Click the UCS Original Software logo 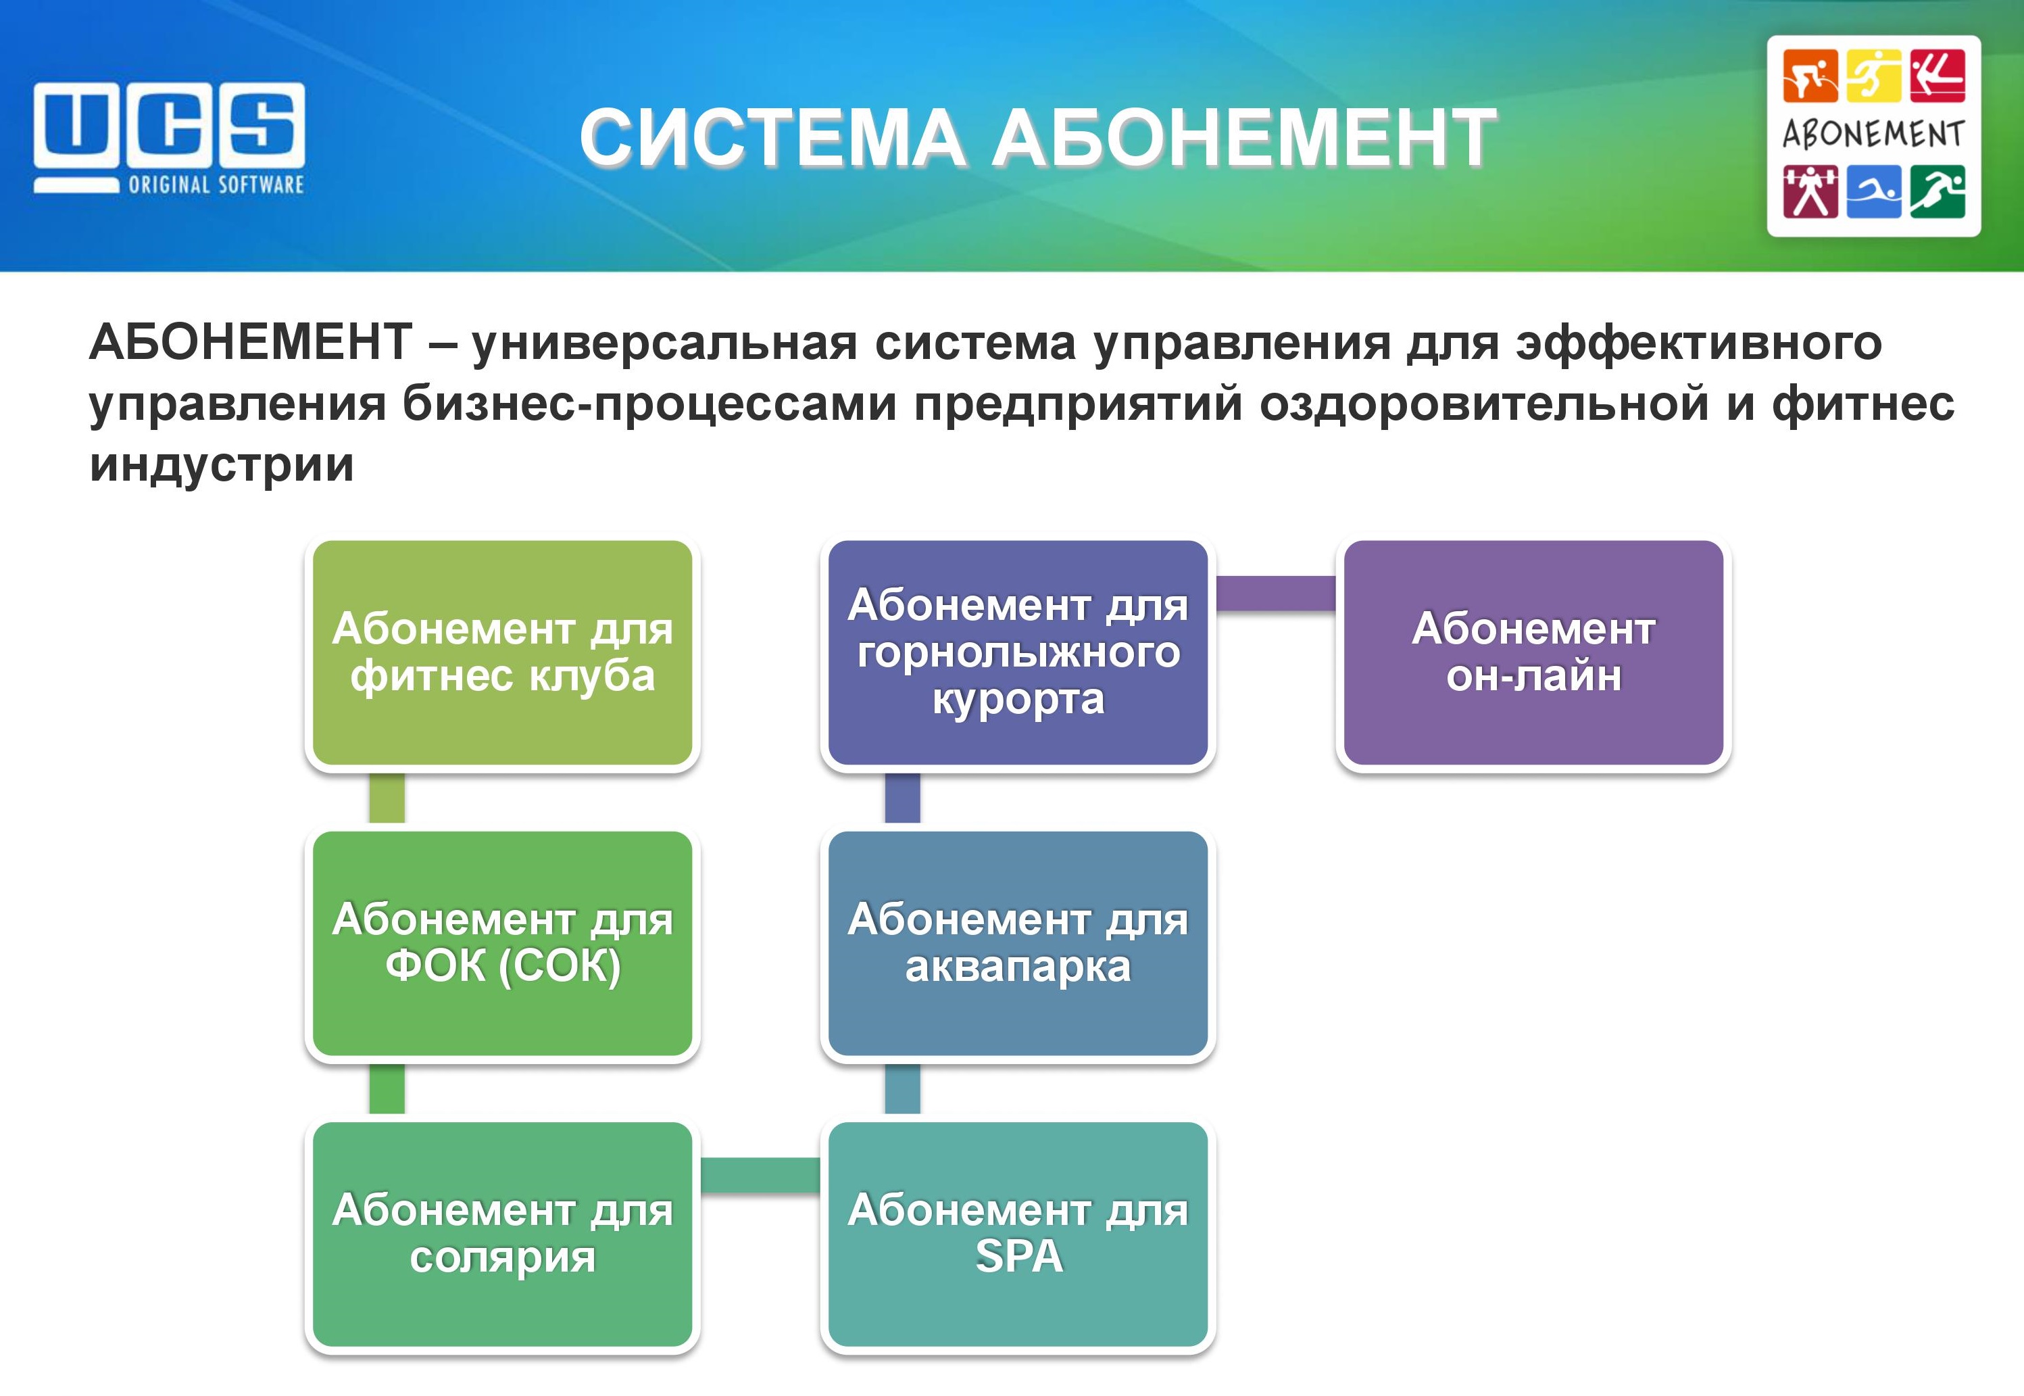click(x=170, y=138)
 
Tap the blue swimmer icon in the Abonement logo click(x=1873, y=191)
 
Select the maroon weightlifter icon click(x=1810, y=191)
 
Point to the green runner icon click(x=1937, y=191)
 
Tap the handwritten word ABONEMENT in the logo click(x=1873, y=135)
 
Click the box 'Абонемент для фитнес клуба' click(x=502, y=652)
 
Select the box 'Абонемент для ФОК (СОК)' click(x=502, y=943)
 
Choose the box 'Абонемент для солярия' click(x=502, y=1234)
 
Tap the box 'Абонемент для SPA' click(x=1018, y=1234)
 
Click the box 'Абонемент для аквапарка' click(x=1018, y=943)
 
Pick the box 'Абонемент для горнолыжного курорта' click(x=1018, y=652)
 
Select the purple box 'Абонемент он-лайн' click(x=1533, y=652)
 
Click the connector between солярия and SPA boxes click(x=760, y=1174)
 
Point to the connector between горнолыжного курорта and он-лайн click(x=1276, y=593)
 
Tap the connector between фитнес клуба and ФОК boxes click(x=387, y=798)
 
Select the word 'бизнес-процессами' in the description click(x=649, y=404)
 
